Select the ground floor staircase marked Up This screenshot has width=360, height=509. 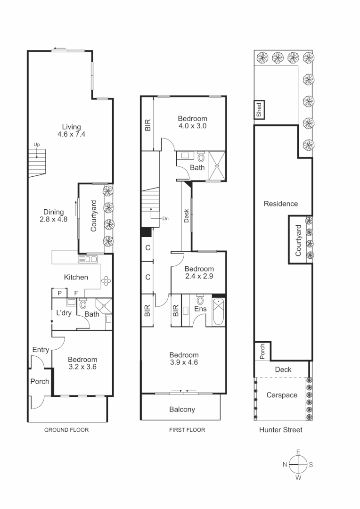(37, 161)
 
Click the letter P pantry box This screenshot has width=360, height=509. (59, 293)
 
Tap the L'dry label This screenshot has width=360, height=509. (64, 313)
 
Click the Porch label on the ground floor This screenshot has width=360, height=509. (40, 381)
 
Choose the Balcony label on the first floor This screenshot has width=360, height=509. (182, 409)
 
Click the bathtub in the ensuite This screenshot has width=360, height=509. (219, 312)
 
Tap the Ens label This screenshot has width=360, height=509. (200, 309)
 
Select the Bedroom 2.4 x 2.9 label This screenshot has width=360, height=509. (199, 273)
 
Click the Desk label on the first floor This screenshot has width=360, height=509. (187, 216)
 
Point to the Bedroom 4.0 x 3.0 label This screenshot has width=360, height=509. (192, 122)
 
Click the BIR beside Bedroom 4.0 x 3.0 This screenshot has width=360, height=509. (147, 124)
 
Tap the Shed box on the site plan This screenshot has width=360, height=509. (259, 109)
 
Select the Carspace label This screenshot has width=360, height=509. (282, 395)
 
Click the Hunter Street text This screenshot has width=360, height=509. (281, 430)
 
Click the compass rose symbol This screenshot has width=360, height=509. (298, 464)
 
